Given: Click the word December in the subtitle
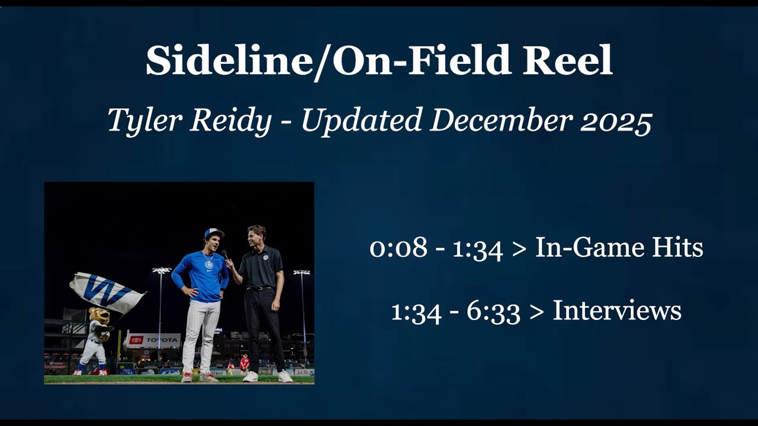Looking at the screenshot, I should (501, 121).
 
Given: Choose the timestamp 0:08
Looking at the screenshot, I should (398, 248).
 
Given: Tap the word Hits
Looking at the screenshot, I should (677, 248).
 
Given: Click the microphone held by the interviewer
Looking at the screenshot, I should (225, 255).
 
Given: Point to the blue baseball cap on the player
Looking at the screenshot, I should (214, 233).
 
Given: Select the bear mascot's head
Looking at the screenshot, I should (99, 315).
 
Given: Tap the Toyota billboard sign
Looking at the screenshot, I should (153, 340).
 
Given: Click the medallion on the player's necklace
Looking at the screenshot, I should (208, 265).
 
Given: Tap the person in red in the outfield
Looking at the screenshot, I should (244, 362).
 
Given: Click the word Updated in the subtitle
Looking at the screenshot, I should (364, 121).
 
